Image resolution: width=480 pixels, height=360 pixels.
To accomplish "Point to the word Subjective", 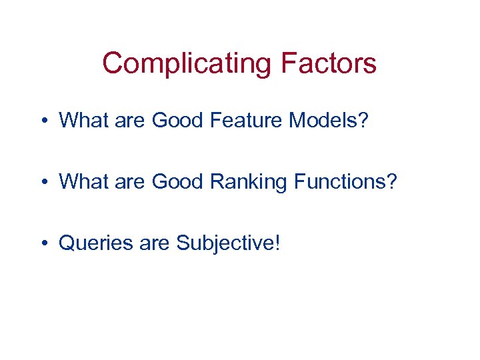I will [x=223, y=243].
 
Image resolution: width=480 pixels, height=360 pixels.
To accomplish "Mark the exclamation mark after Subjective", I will [x=277, y=243].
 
